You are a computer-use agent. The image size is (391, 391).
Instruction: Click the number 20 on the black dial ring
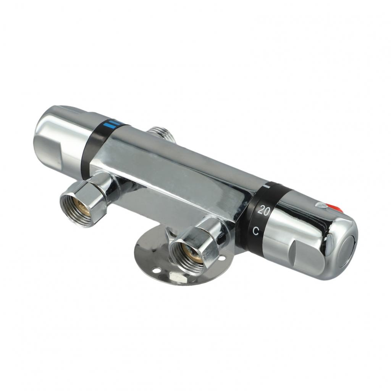click(x=264, y=210)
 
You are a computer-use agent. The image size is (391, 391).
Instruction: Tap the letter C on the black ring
click(x=255, y=231)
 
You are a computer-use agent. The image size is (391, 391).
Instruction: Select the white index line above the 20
click(x=267, y=186)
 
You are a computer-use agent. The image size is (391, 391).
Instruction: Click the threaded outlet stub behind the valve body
click(x=161, y=135)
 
